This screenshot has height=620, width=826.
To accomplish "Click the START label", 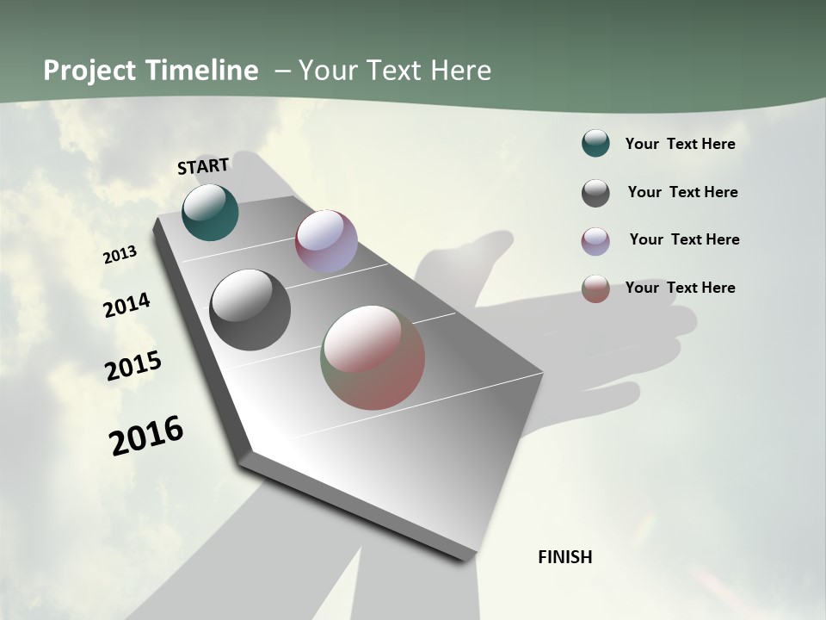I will click(x=203, y=166).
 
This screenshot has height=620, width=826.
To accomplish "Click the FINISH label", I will click(x=564, y=557).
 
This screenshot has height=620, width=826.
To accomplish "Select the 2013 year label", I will click(x=120, y=255).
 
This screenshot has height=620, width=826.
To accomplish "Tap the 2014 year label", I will click(x=126, y=305).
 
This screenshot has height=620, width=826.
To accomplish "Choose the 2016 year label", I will click(x=146, y=435).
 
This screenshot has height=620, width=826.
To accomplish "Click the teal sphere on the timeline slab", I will click(x=210, y=213).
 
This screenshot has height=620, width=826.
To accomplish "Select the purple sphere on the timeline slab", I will click(x=326, y=241).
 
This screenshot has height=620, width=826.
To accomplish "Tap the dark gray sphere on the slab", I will click(x=250, y=310).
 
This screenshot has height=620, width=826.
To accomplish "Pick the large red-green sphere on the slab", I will click(x=373, y=357).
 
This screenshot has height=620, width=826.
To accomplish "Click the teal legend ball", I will click(x=595, y=144).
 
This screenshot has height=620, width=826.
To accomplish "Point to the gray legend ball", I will click(x=595, y=193).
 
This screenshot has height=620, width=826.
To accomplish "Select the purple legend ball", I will click(x=595, y=240).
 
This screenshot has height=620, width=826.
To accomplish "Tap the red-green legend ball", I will click(x=595, y=288).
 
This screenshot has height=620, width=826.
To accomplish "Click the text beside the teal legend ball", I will click(x=680, y=144).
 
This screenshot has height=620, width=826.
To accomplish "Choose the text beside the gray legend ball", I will click(x=682, y=192).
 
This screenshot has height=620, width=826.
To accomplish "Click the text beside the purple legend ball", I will click(x=684, y=239).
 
